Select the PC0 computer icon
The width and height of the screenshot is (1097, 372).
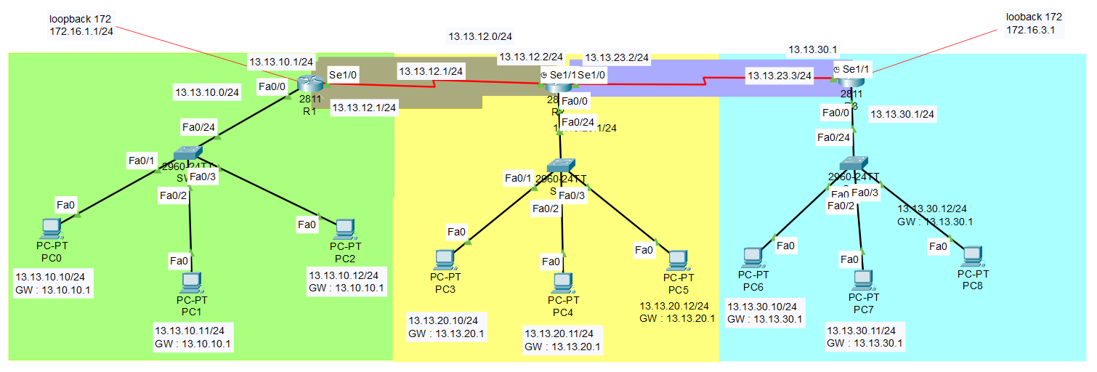(51, 228)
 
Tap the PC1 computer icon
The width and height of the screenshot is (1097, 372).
(191, 283)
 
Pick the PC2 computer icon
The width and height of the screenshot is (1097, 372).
(344, 230)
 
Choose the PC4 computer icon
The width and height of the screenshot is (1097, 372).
(562, 283)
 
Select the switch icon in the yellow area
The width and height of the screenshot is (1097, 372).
(561, 165)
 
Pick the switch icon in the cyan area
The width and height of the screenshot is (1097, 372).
(854, 163)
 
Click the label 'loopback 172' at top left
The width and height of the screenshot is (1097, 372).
(79, 17)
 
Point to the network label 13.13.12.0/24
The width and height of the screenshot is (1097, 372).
(480, 36)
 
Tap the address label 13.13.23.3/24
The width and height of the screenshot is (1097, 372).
(780, 75)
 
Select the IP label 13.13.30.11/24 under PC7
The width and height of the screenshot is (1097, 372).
(865, 330)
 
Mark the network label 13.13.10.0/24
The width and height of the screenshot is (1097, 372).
(207, 92)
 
